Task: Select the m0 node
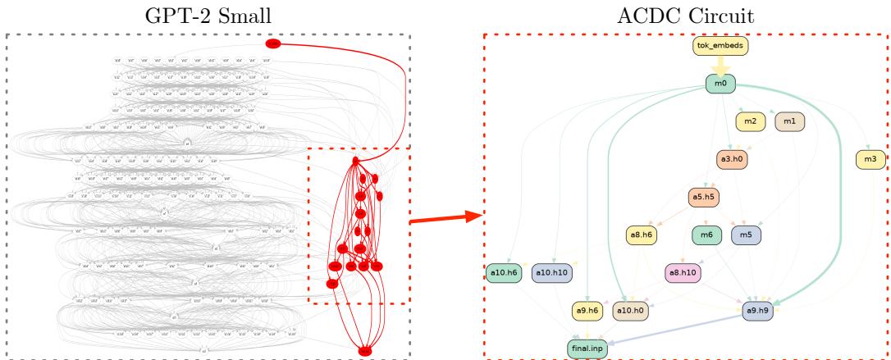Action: tap(720, 84)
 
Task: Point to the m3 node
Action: tap(870, 159)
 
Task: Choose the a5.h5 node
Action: tap(703, 198)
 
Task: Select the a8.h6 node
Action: tap(643, 235)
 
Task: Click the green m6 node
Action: tap(706, 235)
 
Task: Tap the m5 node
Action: tap(746, 235)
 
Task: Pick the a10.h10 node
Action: tap(551, 272)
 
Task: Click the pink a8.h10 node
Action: tap(683, 272)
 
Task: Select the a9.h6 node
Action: tap(587, 311)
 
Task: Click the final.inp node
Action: tap(586, 349)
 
